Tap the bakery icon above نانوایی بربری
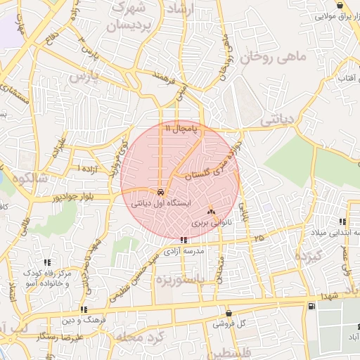click(212, 210)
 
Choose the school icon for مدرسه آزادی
click(184, 240)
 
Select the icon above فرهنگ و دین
click(84, 309)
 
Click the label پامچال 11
click(182, 129)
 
